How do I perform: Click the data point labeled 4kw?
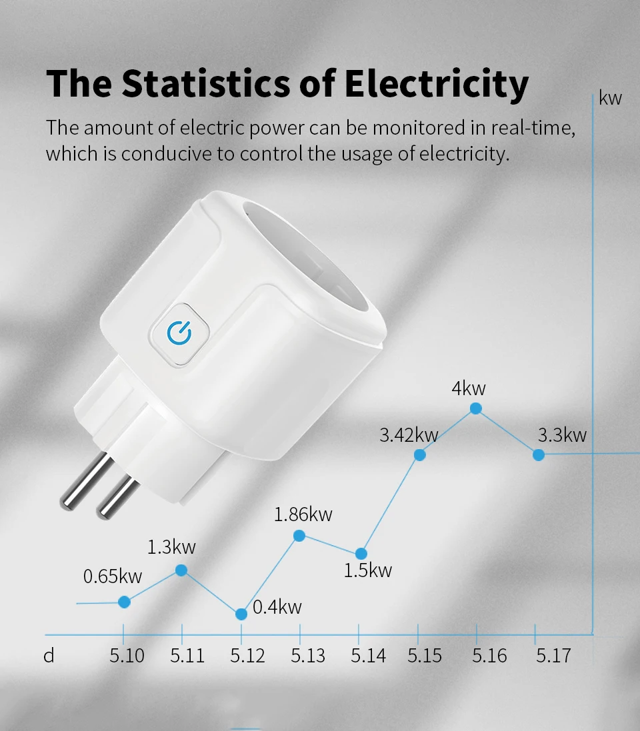coord(476,408)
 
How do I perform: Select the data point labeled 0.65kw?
coord(124,602)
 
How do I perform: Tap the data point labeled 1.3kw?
coord(181,570)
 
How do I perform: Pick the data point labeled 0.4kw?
coord(241,614)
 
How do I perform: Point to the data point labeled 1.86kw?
coord(299,535)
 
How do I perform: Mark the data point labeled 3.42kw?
coord(420,454)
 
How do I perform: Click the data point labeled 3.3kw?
coord(539,454)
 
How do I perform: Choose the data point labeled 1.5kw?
coord(361,553)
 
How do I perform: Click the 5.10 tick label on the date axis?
coord(127,656)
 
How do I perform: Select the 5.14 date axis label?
coord(368,656)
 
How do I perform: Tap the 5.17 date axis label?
coord(553,656)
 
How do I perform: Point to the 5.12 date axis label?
coord(247,656)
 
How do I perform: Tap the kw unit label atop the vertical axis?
coord(610,99)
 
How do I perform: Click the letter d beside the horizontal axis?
coord(49,656)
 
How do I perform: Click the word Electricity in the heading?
coord(437,84)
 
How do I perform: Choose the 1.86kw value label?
coord(303,514)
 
